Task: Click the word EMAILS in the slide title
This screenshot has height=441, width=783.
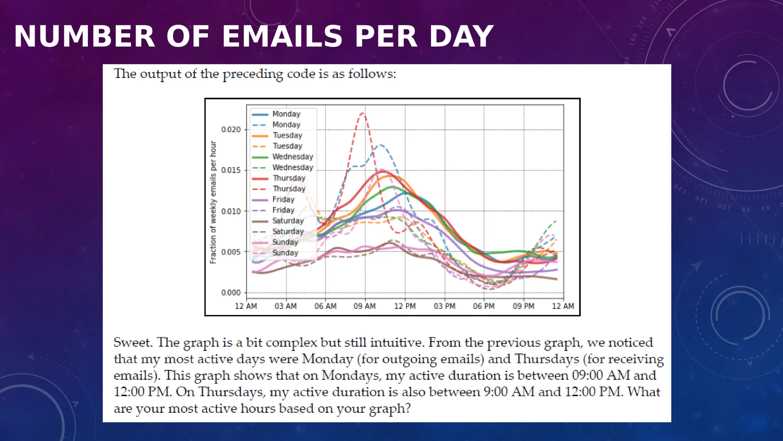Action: pos(282,36)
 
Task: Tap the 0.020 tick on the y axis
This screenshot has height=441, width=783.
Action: pos(231,130)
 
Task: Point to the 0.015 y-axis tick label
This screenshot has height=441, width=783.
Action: pos(231,170)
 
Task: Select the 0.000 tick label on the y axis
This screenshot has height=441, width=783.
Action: pos(231,293)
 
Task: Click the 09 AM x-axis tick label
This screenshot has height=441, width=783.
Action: pos(364,306)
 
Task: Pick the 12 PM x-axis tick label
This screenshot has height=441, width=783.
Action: pos(405,306)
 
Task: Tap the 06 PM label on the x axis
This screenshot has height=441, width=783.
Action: pos(484,306)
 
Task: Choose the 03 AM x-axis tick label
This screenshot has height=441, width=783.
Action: pos(286,306)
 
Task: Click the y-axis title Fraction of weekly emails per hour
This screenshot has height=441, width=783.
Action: pos(213,202)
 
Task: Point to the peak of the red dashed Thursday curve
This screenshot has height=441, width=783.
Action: pos(362,113)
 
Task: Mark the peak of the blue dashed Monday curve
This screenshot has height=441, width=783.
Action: pos(381,145)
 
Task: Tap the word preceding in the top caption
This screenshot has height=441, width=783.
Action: pos(253,73)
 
